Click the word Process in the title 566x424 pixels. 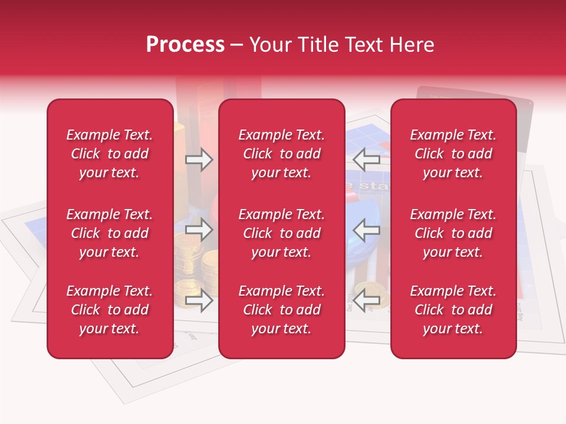[185, 45]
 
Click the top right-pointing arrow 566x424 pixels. [199, 160]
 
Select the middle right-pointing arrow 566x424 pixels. [199, 230]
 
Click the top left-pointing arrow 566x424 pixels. [367, 160]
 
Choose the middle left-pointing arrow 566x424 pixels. [367, 230]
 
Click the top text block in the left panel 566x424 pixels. [110, 154]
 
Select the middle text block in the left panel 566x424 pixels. [110, 233]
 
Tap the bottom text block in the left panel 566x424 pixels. [110, 310]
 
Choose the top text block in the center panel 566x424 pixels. [281, 154]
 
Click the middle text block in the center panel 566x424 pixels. [281, 233]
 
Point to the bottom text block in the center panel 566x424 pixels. [281, 310]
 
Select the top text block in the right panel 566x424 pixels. [453, 154]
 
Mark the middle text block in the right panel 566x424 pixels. [453, 233]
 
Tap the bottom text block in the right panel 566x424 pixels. [453, 310]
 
